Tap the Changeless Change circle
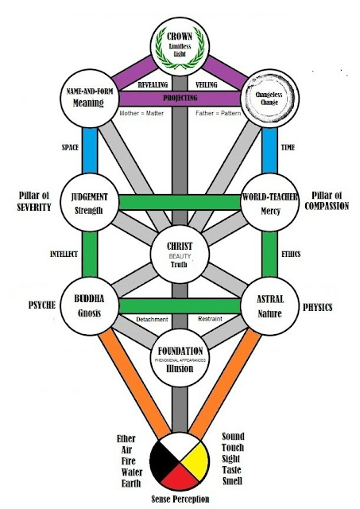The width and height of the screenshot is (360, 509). click(270, 99)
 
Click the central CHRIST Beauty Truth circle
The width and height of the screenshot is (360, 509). click(180, 254)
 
